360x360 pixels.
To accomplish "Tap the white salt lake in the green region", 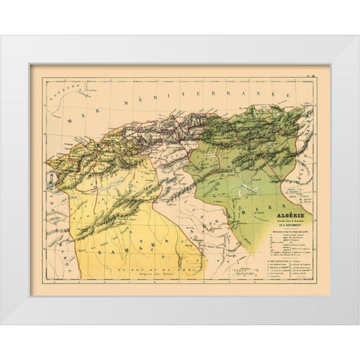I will point(241,196).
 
